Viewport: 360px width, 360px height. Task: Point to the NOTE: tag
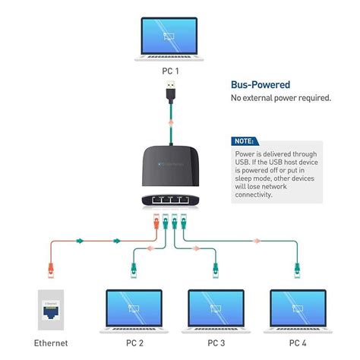(244, 141)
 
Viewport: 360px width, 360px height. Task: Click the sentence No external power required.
(280, 99)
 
